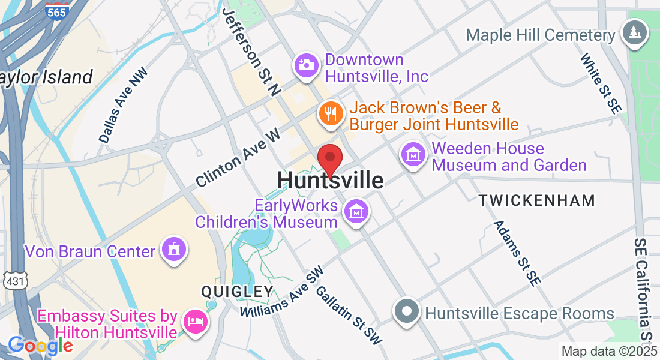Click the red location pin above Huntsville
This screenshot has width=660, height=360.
(x=329, y=158)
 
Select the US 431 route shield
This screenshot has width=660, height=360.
(x=11, y=280)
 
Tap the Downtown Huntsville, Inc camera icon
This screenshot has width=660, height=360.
(x=307, y=64)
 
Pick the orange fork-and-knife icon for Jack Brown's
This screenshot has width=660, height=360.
(x=330, y=113)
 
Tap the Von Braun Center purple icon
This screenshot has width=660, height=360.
(x=174, y=249)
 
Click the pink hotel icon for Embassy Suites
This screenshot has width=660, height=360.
(x=196, y=321)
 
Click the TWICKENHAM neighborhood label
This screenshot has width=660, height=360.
(x=536, y=200)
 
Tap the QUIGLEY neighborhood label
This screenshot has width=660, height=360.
(x=237, y=292)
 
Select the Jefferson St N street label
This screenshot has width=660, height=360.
(x=252, y=53)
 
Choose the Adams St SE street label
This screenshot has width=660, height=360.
(x=515, y=253)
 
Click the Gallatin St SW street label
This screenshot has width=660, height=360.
(x=349, y=316)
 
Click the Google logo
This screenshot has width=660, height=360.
(x=40, y=346)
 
